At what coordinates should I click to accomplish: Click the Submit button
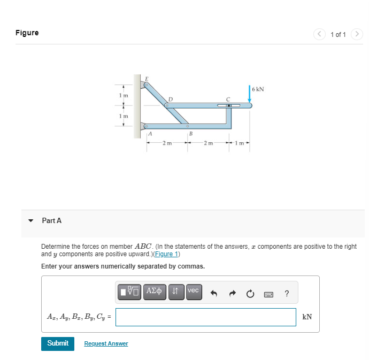58,343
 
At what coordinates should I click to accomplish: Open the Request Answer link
106,343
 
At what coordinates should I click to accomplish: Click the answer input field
206,317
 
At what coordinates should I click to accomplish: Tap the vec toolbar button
193,292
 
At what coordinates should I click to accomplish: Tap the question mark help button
287,293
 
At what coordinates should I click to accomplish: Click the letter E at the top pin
147,78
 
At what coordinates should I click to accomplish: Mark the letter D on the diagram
170,99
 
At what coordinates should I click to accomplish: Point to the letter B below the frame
190,133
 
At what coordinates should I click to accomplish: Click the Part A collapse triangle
31,220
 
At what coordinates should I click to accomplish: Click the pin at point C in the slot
229,106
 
